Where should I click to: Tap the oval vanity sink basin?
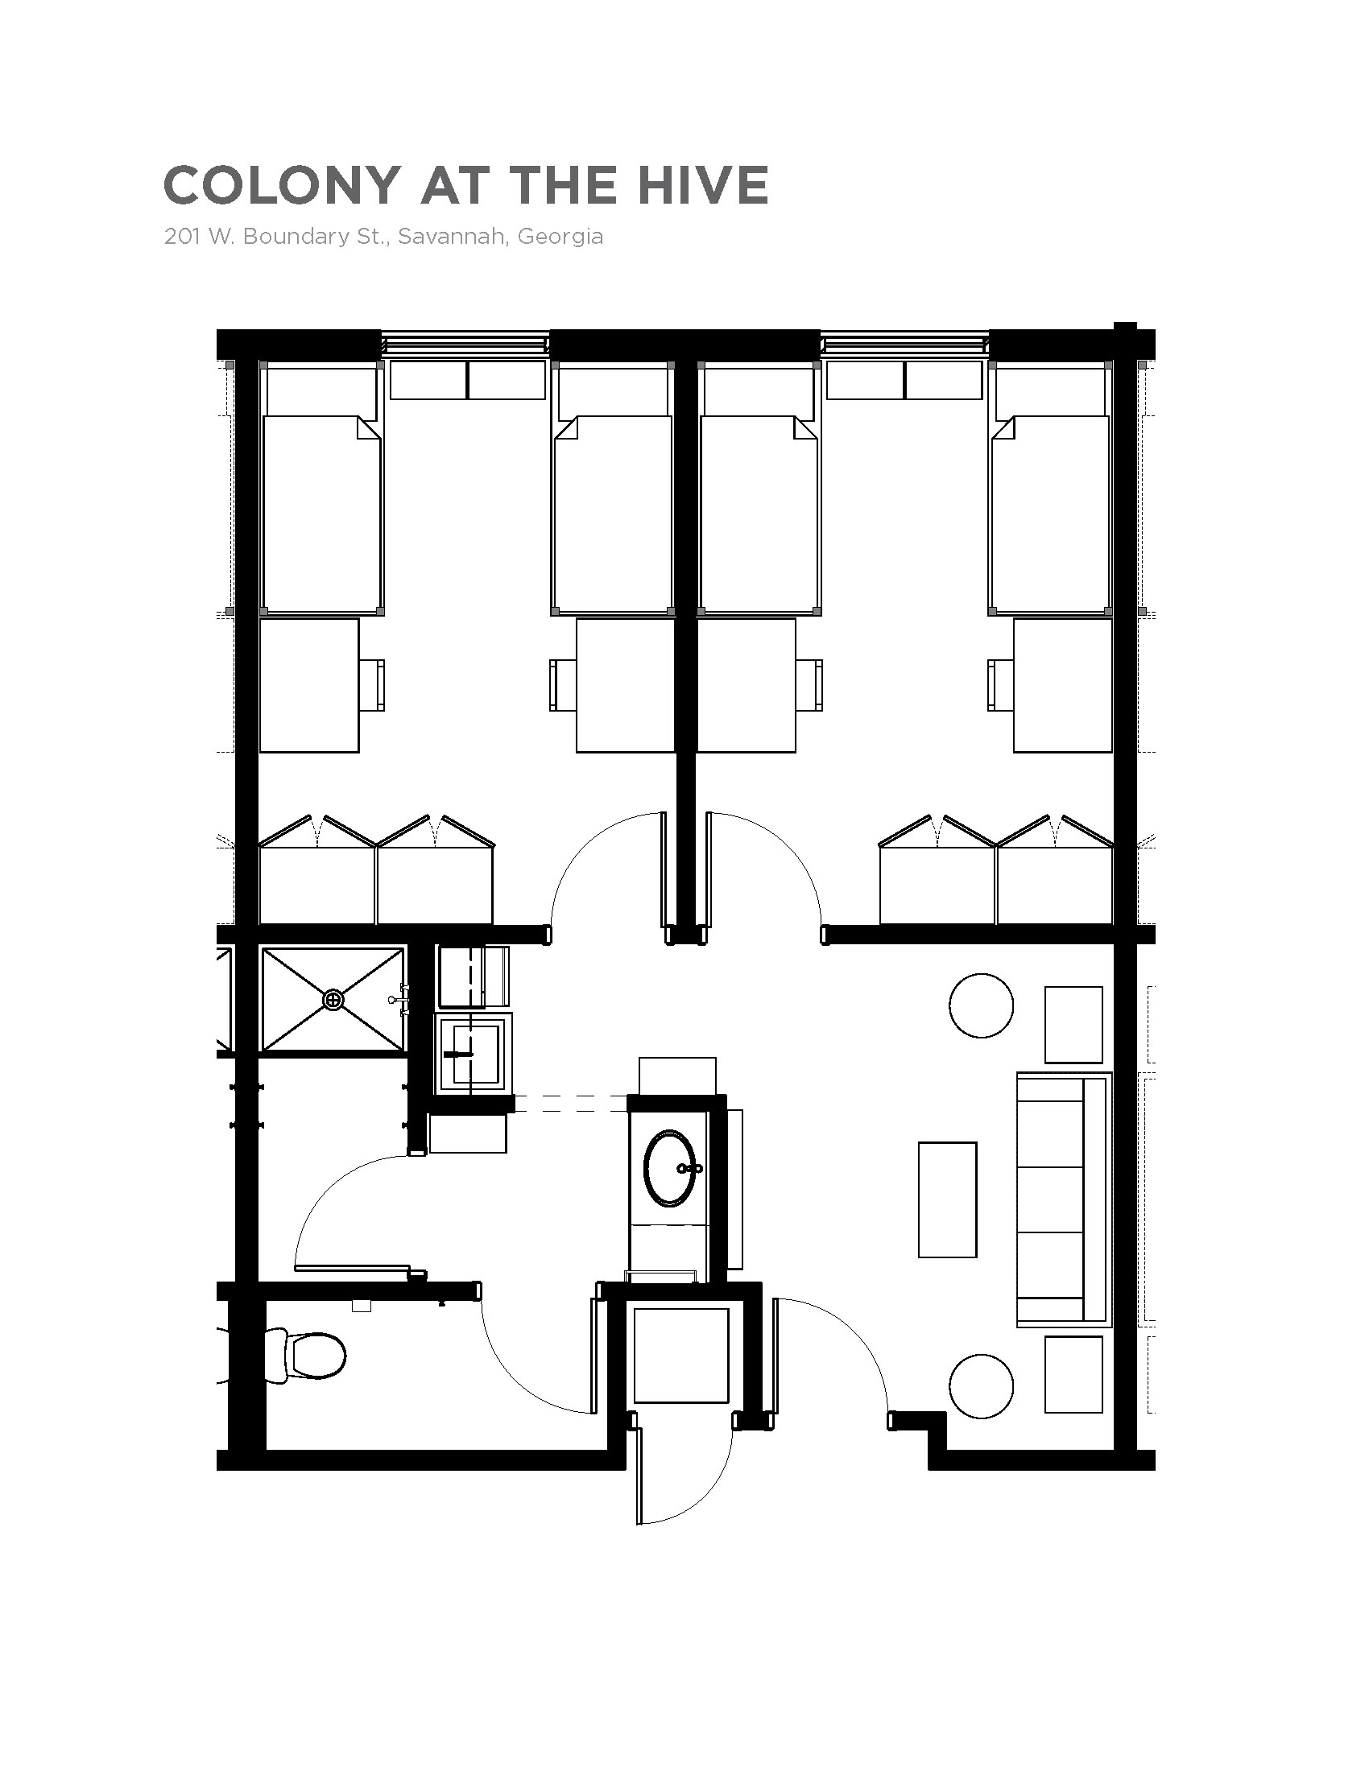point(669,1169)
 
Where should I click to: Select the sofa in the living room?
point(1062,1200)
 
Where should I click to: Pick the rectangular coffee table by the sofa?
point(947,1199)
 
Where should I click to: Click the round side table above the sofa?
point(981,1005)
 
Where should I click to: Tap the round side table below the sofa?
point(981,1386)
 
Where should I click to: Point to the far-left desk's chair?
point(372,685)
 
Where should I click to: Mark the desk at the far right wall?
point(1062,685)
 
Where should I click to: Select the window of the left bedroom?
point(465,345)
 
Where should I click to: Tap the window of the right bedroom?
point(905,345)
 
